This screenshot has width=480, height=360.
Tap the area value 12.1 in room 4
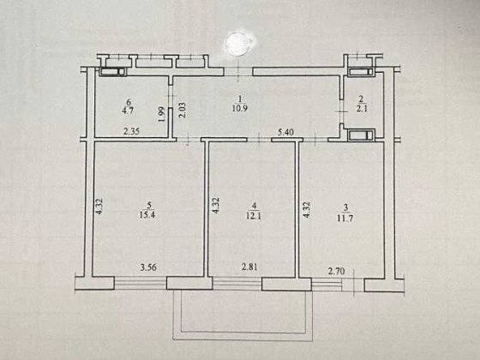(254, 215)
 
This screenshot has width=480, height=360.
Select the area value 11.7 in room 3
(345, 215)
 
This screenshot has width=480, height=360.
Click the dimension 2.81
(249, 269)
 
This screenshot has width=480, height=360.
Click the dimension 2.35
(131, 131)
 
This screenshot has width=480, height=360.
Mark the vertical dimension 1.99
(161, 114)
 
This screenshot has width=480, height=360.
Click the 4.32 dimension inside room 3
(305, 208)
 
